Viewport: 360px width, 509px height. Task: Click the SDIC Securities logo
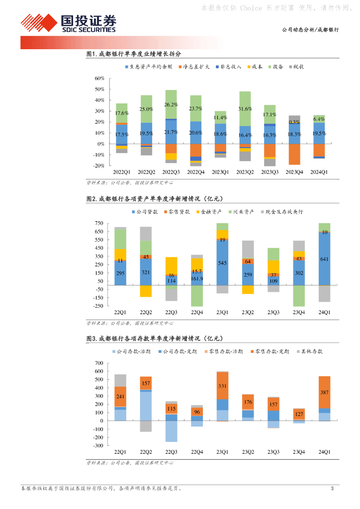(x=68, y=23)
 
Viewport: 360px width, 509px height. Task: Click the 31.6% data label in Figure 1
(x=245, y=109)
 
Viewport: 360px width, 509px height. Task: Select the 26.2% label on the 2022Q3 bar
(x=171, y=105)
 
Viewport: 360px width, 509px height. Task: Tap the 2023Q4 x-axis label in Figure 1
(x=294, y=172)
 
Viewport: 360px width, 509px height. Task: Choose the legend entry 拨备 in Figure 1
(x=276, y=67)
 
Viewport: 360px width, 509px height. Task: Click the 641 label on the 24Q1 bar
(x=324, y=258)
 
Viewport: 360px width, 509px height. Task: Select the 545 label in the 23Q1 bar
(x=222, y=262)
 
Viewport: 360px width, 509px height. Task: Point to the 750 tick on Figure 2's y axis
(x=97, y=224)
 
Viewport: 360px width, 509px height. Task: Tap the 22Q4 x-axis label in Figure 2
(x=196, y=312)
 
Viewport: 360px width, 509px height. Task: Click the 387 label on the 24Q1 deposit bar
(x=324, y=393)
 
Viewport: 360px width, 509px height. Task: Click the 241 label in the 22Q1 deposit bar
(x=120, y=397)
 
